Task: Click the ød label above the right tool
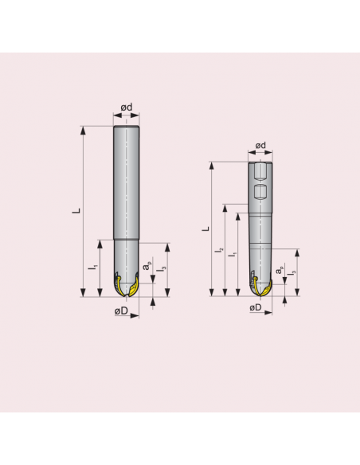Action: (x=260, y=146)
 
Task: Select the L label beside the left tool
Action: (x=76, y=211)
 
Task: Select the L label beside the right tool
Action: (x=205, y=229)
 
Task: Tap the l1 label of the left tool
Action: (x=92, y=268)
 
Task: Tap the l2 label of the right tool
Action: (x=220, y=251)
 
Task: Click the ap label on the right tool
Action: (x=278, y=272)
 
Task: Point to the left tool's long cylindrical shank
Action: (x=127, y=183)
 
